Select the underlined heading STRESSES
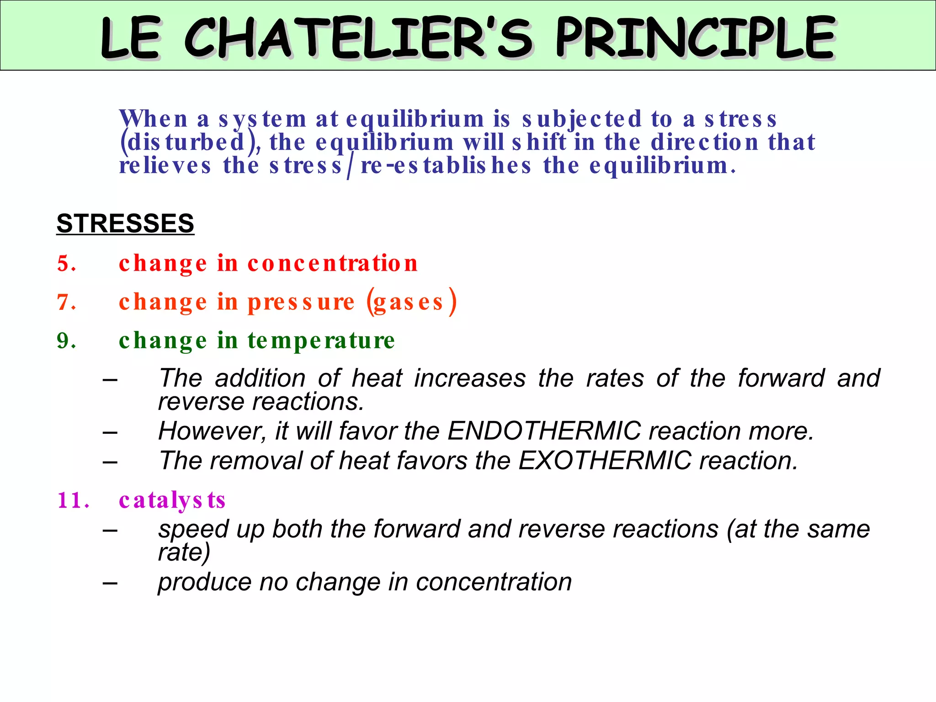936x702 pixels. tap(125, 223)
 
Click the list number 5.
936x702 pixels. tap(66, 264)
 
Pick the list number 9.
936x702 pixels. tap(66, 341)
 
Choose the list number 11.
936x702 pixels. tap(73, 500)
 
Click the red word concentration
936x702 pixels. tap(332, 264)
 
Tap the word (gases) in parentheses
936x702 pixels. tap(411, 302)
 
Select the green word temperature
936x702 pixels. tap(321, 341)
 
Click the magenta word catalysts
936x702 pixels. tap(172, 500)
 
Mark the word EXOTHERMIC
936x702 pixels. tap(605, 461)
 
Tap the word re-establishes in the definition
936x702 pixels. tap(446, 166)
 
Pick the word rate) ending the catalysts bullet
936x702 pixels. tap(184, 553)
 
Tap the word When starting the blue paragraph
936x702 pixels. tap(153, 119)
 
